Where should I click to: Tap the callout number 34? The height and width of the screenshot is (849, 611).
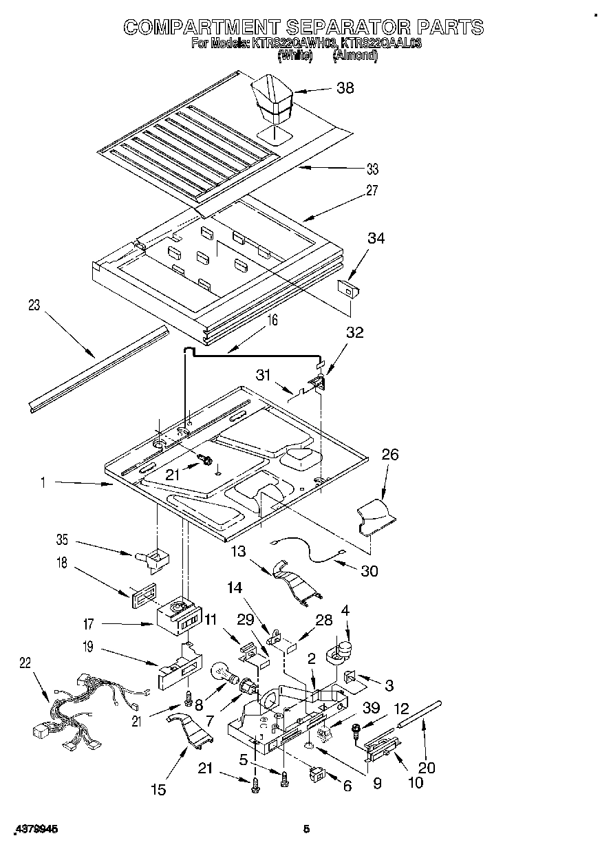click(376, 239)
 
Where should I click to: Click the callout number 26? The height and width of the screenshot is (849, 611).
click(389, 455)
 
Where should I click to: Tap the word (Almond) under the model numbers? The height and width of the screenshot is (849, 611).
click(355, 57)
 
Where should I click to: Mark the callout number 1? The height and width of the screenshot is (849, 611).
click(42, 484)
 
